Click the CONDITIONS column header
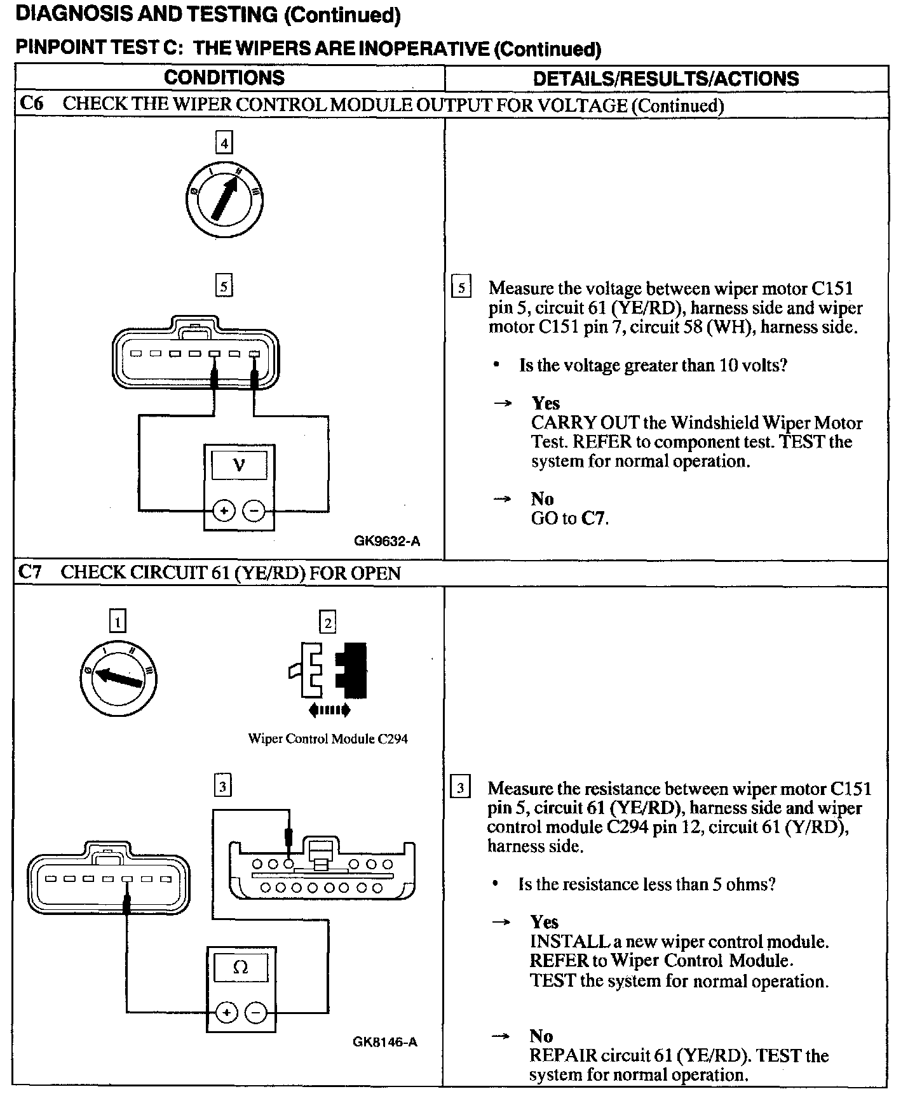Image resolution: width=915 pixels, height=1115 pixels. coord(224,77)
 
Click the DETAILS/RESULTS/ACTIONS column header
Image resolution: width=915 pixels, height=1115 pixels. coord(665,78)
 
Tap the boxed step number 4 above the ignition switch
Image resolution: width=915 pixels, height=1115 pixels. coord(224,143)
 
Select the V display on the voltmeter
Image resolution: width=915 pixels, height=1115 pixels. coord(239,465)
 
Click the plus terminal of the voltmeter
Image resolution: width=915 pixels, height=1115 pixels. coord(224,510)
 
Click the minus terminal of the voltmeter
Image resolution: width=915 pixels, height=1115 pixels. coord(254,510)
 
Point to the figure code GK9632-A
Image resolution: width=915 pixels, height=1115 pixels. coord(387,541)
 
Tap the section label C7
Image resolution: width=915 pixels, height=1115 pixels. coord(30,572)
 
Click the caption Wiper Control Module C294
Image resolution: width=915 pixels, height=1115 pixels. coord(327,738)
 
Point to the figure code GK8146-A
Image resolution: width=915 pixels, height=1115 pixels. coord(385,1042)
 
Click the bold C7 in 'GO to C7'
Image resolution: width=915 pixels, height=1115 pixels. coord(594,518)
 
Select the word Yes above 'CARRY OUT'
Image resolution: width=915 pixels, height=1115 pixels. coord(546,403)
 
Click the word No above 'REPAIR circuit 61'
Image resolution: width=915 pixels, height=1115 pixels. coord(541,1036)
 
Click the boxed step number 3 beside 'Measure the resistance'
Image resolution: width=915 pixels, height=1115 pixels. coord(460,789)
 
